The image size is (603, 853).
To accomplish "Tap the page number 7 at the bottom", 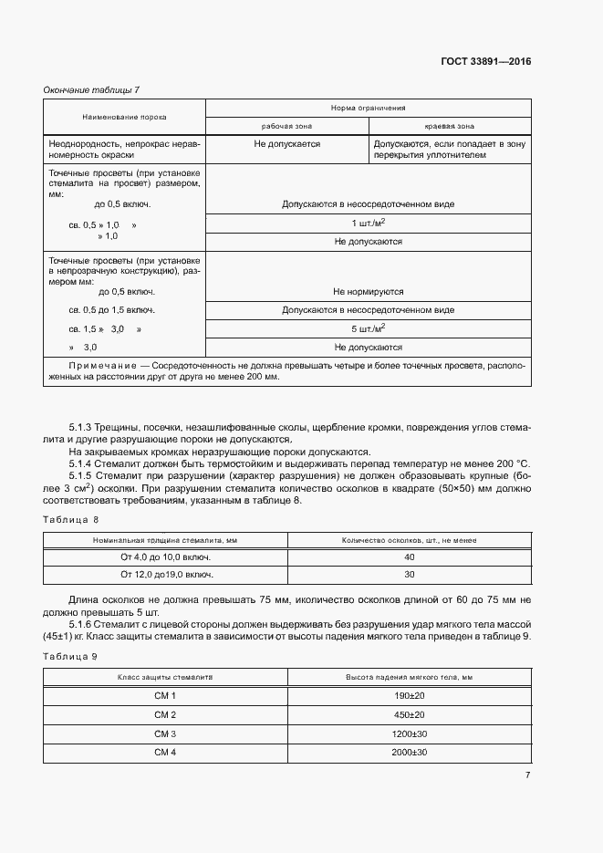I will pos(527,775).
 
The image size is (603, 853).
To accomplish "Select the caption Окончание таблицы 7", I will pos(91,89).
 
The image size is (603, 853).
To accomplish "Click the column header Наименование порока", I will pos(124,117).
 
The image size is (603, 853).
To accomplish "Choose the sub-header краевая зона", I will pos(450,126).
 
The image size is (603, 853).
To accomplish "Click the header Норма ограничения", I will pos(368,108).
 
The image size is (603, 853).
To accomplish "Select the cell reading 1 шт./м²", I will pos(368,224).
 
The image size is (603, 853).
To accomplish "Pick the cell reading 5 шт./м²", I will pos(368,328).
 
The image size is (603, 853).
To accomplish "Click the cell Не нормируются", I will pos(368,292).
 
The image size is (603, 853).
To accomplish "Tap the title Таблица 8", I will pos(71,519).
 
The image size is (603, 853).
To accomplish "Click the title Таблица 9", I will pos(71,656).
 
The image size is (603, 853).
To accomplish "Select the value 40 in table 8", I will pos(409,557).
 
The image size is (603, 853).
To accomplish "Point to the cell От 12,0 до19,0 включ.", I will pos(166,575).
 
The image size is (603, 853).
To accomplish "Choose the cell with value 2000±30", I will pos(409,752).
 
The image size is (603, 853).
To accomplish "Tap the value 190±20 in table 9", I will pos(409,695).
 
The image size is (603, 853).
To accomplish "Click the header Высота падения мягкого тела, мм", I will pos(409,677).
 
